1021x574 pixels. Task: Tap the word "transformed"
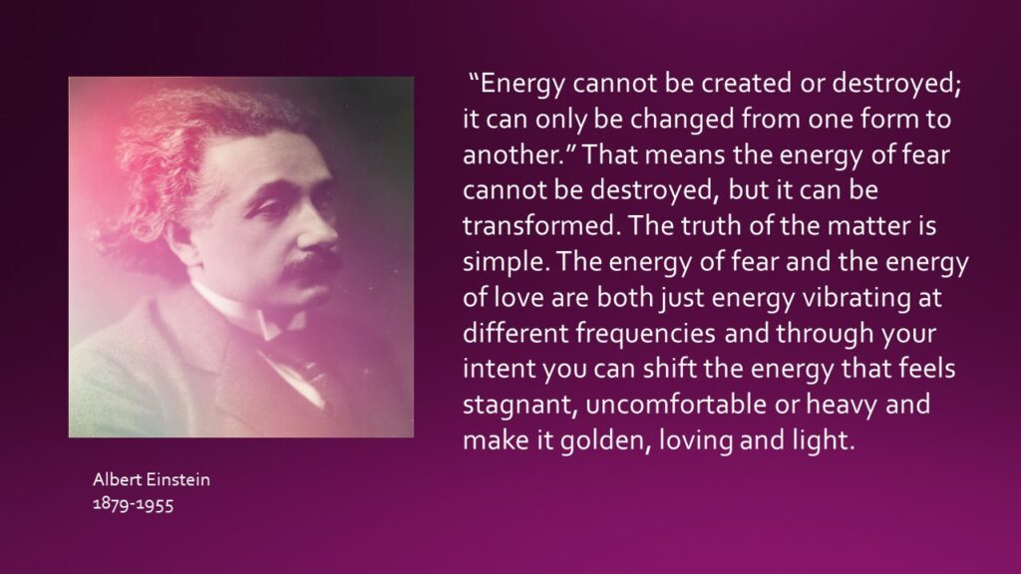tap(538, 226)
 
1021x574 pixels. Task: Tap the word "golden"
tap(606, 440)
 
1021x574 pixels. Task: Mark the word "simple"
tap(506, 262)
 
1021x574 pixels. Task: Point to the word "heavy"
tap(842, 406)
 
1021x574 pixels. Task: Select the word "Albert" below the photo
tap(118, 479)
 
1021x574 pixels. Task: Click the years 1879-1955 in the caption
tap(133, 503)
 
